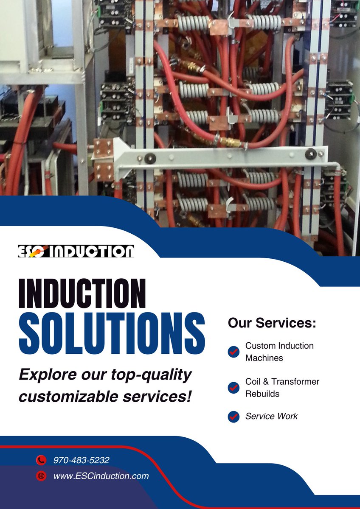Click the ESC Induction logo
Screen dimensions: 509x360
(x=76, y=251)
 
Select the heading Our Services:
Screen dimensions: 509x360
(x=272, y=323)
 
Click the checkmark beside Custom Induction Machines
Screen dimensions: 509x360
(x=233, y=352)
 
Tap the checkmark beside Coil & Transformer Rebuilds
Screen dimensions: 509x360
(x=233, y=388)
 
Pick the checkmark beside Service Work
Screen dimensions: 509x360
(x=233, y=417)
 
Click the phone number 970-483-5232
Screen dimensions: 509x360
(x=82, y=460)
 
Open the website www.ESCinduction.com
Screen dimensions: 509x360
(x=101, y=476)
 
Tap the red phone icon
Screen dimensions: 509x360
(x=41, y=460)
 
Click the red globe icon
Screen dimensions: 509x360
(x=41, y=476)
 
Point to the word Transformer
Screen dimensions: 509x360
(x=295, y=381)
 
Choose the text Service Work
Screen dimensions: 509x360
(x=271, y=417)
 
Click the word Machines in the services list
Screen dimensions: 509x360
(x=264, y=358)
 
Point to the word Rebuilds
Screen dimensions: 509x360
(x=262, y=394)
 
